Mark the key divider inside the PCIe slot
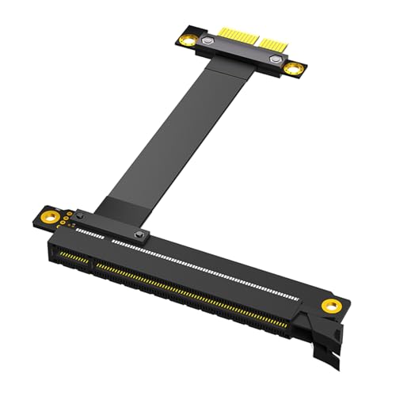(x=90, y=261)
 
